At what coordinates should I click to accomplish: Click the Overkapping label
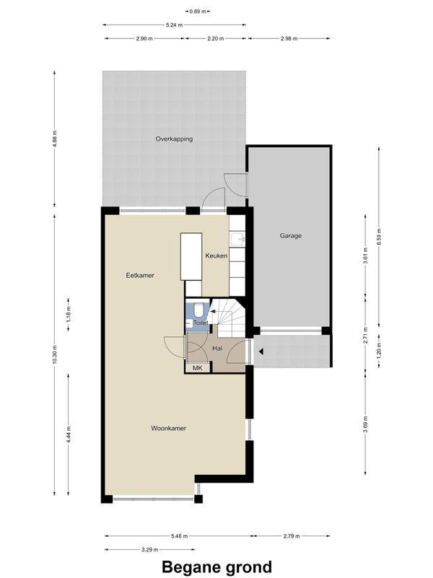pos(174,139)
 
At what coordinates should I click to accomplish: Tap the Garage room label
pos(290,235)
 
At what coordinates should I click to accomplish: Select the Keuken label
pos(216,255)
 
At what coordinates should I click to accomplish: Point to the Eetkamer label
pos(140,276)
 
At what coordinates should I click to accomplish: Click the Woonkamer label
pos(168,429)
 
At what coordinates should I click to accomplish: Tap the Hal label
pos(217,348)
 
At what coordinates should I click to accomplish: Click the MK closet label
pos(198,368)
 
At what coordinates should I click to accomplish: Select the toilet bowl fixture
pos(198,310)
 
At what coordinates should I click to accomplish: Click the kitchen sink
pos(237,240)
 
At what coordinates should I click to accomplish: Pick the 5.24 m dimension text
pos(174,25)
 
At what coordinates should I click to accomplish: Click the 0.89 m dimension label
pos(198,12)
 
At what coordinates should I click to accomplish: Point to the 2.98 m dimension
pos(289,38)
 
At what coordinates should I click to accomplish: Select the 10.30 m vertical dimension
pos(55,354)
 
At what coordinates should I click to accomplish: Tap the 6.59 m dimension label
pos(379,236)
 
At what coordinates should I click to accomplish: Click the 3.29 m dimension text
pos(149,550)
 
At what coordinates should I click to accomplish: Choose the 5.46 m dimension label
pos(180,536)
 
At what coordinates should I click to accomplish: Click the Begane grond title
pos(217,567)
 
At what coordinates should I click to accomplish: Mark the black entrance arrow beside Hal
pos(261,351)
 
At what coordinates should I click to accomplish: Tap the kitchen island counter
pos(191,257)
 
